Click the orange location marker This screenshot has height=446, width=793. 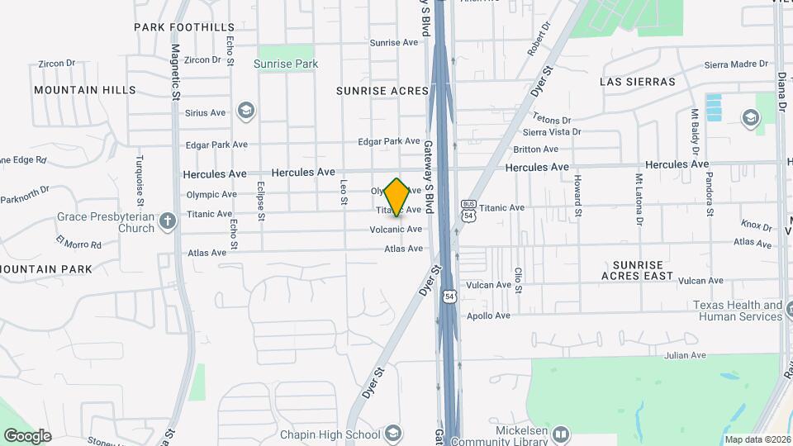coord(397,196)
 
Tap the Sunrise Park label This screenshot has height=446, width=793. coord(286,63)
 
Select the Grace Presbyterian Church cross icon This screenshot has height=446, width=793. coord(168,221)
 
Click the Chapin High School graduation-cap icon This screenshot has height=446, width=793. coord(394,434)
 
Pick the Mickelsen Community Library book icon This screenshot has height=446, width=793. coord(562,434)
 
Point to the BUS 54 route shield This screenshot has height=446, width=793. coord(468,210)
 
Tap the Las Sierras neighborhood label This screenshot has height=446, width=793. coord(638,82)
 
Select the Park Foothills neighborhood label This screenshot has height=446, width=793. coord(183,27)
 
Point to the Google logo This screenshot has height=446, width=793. coord(26,435)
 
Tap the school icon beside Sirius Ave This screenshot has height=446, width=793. coord(245,110)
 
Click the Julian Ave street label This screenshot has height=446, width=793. coord(686,356)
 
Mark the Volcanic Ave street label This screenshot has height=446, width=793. coord(396,230)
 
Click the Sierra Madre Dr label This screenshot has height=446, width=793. coord(736,64)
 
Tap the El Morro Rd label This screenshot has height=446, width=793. coord(78,242)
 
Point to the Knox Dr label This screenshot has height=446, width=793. coord(755,224)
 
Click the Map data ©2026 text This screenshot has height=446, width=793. coord(757,439)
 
